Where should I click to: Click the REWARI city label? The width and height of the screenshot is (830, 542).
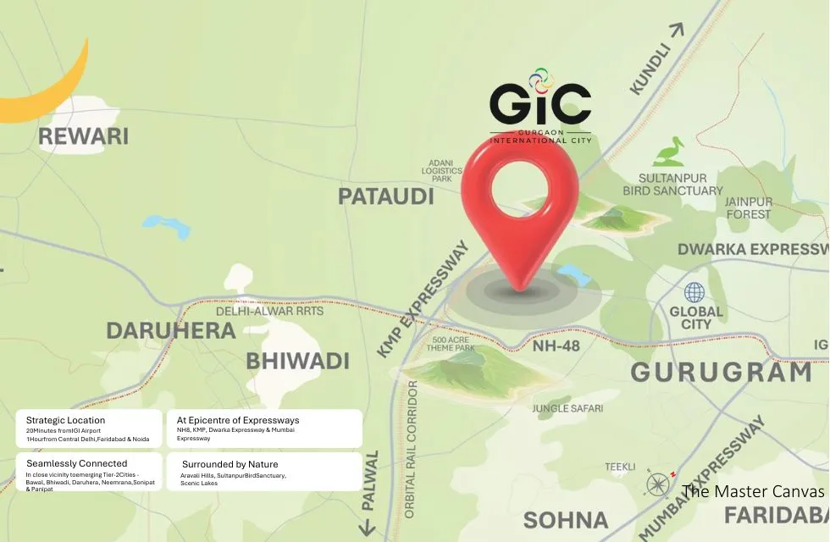(x=83, y=136)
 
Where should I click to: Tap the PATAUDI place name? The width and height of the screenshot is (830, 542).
(x=385, y=196)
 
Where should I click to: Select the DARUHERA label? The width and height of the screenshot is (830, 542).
(x=170, y=330)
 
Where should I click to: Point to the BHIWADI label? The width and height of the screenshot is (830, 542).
(x=297, y=361)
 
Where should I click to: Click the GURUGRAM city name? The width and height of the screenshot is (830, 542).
(x=721, y=373)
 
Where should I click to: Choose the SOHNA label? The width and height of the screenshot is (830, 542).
(x=566, y=520)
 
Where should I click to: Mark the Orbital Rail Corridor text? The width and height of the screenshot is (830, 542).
(x=411, y=449)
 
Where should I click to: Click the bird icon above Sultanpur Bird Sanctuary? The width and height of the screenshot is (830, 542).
(x=669, y=152)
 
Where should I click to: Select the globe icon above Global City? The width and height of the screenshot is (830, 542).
(x=694, y=293)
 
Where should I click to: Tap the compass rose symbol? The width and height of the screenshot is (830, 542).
(x=658, y=484)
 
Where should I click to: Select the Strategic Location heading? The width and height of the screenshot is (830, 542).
(x=65, y=420)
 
